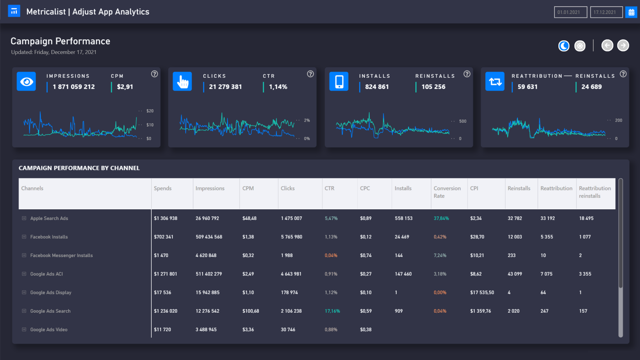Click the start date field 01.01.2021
coord(570,12)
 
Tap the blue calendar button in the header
coord(631,12)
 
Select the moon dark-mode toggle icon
coord(564,46)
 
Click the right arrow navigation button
coord(623,45)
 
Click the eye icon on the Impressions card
coord(26,81)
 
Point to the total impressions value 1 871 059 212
coord(74,87)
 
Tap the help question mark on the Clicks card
coord(310,74)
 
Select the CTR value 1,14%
coord(278,87)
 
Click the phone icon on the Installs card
coord(339,81)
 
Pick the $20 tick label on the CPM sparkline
coord(150,111)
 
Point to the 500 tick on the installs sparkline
coord(463,121)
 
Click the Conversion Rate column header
coord(447,192)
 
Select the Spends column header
coord(163,188)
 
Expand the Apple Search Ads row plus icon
coord(24,218)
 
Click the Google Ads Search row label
coord(50,311)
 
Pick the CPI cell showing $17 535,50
coord(482,292)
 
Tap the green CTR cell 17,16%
coord(332,311)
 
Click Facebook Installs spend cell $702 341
coord(164,237)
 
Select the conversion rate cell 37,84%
coord(441,218)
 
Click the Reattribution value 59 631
coord(527,87)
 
